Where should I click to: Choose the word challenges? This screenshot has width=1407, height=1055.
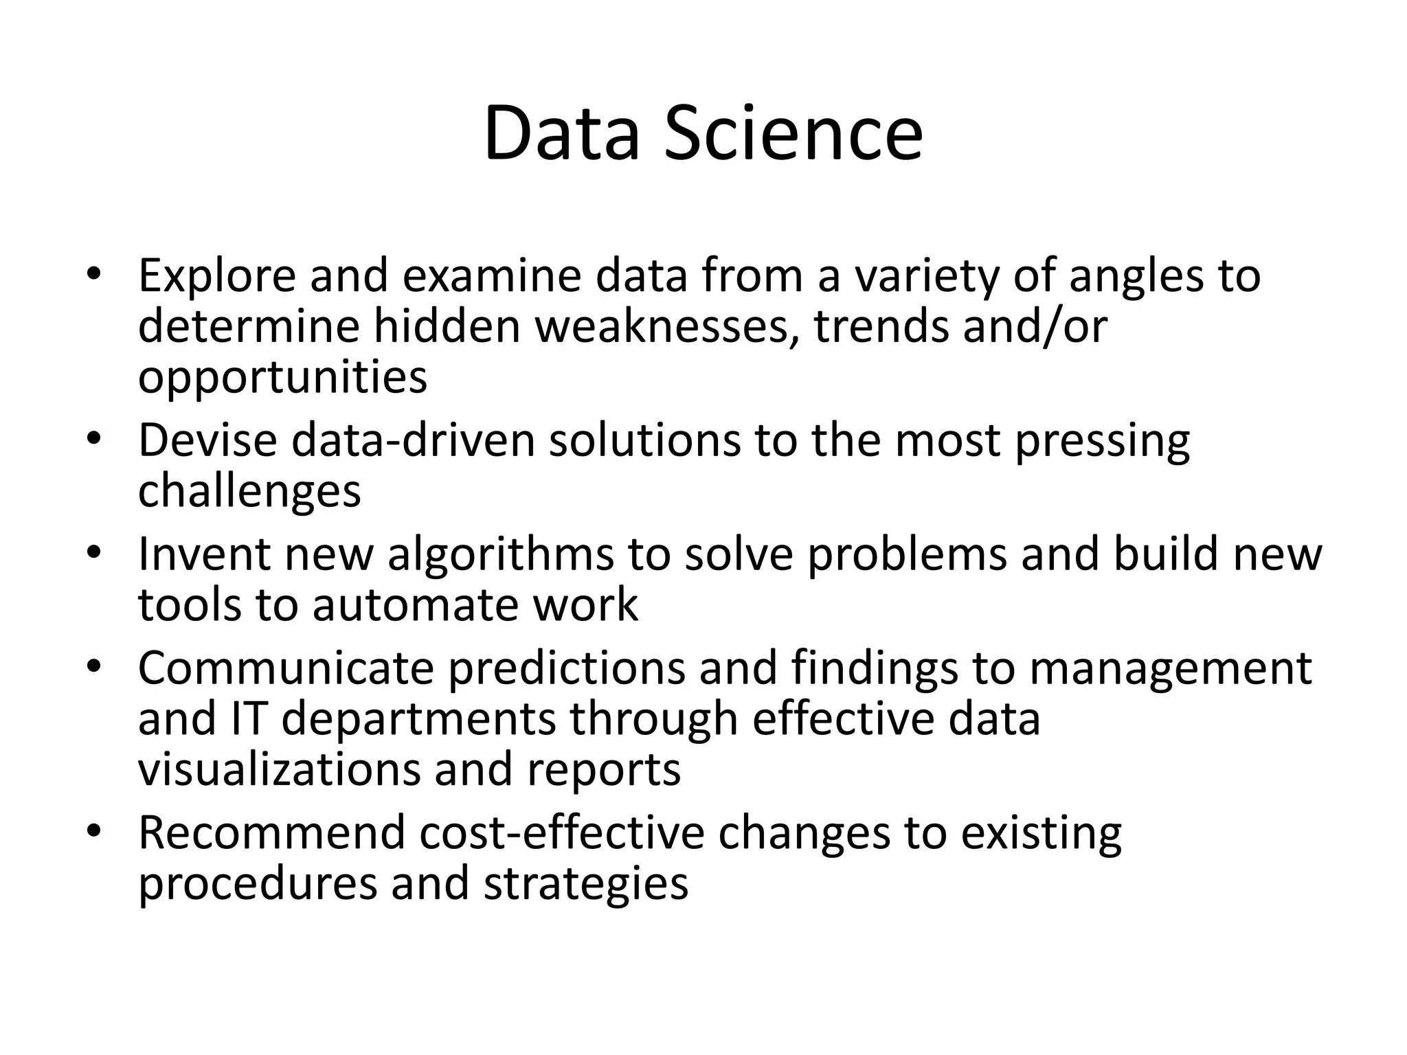(x=249, y=491)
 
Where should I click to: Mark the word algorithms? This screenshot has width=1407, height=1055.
(x=501, y=554)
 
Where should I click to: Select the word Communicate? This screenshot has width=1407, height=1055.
(x=286, y=668)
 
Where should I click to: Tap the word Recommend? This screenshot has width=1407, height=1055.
(x=272, y=833)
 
